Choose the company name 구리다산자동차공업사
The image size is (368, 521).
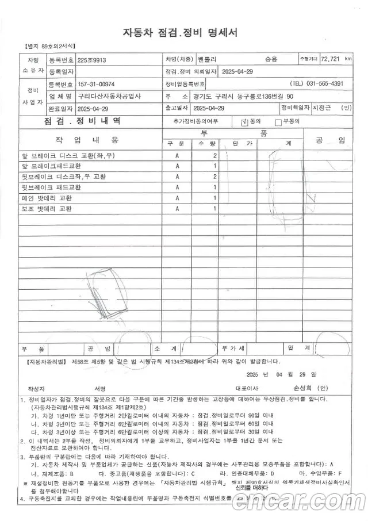pyautogui.click(x=109, y=96)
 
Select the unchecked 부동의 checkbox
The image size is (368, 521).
pyautogui.click(x=278, y=122)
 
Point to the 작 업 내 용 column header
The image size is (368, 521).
pyautogui.click(x=87, y=140)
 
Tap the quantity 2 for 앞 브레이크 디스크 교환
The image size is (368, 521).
pyautogui.click(x=215, y=156)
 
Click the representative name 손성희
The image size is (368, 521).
pyautogui.click(x=304, y=388)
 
